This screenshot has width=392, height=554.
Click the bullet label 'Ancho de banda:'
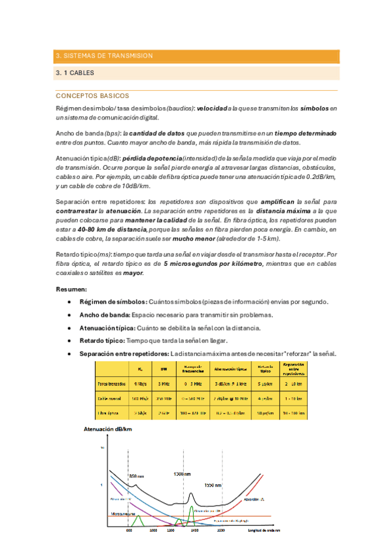pos(105,315)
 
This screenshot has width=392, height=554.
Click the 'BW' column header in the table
pos(163,368)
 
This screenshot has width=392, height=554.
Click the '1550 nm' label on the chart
pos(213,485)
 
